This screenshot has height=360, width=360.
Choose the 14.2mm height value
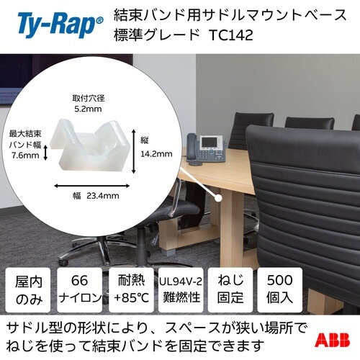tap(158, 153)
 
